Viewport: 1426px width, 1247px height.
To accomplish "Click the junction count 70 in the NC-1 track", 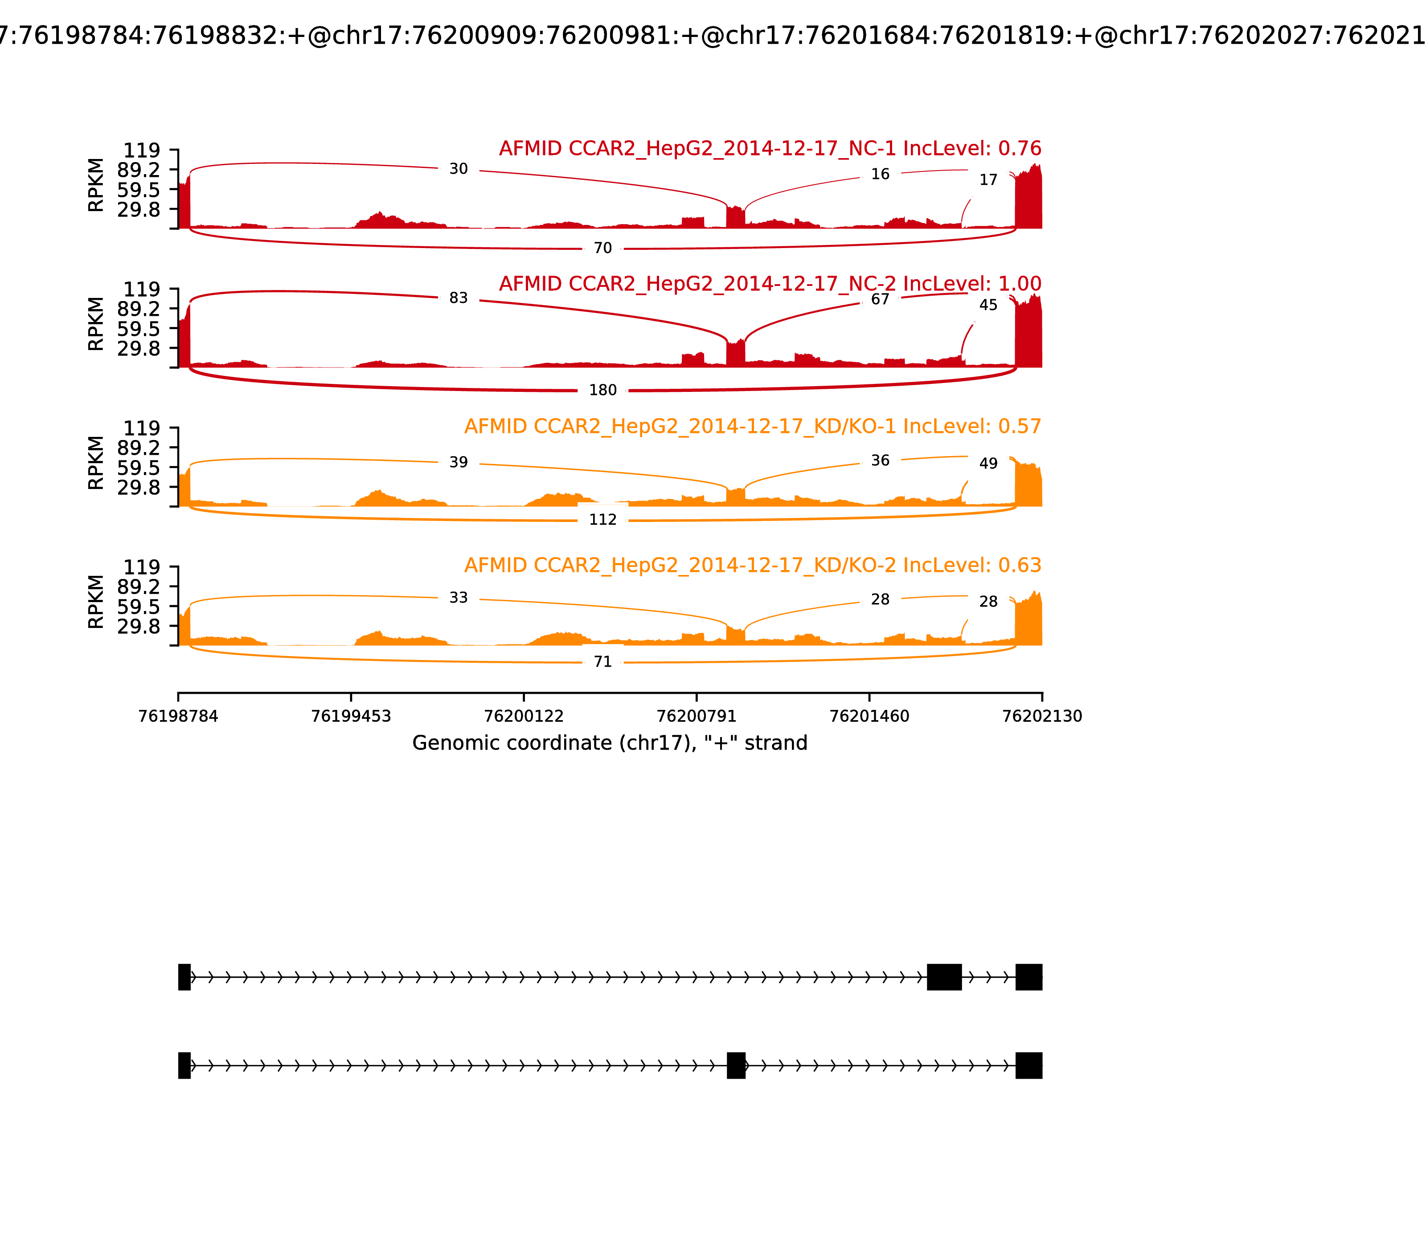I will pyautogui.click(x=602, y=249).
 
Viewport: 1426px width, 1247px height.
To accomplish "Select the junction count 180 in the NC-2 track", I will pyautogui.click(x=602, y=391).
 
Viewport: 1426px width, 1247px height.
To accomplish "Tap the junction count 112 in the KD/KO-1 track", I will pyautogui.click(x=602, y=520).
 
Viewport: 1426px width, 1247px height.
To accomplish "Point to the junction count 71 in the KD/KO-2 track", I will pyautogui.click(x=602, y=662).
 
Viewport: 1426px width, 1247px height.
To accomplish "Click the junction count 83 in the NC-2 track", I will pyautogui.click(x=458, y=298).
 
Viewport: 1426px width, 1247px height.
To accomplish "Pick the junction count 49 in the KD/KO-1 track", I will pyautogui.click(x=988, y=464).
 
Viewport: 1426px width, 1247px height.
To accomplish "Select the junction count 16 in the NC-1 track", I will pyautogui.click(x=880, y=174).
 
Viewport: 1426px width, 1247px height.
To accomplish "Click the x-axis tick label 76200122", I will pyautogui.click(x=524, y=716).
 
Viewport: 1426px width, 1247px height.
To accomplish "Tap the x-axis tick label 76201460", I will pyautogui.click(x=869, y=716).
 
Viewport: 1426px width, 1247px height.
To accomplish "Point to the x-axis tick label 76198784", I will pyautogui.click(x=178, y=716).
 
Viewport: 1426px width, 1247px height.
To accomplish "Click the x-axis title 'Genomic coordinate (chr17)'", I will pyautogui.click(x=609, y=743).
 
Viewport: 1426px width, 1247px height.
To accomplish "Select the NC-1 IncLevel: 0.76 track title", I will pyautogui.click(x=770, y=149).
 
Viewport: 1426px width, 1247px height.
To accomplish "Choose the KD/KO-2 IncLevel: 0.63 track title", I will pyautogui.click(x=752, y=565).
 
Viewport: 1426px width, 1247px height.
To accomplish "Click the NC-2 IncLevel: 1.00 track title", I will pyautogui.click(x=770, y=284).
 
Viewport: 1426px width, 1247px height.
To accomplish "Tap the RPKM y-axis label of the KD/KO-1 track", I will pyautogui.click(x=96, y=463).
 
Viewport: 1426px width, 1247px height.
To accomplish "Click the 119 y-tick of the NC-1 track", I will pyautogui.click(x=141, y=151).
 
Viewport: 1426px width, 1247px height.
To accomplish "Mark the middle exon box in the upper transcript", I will pyautogui.click(x=944, y=977).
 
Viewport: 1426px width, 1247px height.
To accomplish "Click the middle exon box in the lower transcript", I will pyautogui.click(x=736, y=1065).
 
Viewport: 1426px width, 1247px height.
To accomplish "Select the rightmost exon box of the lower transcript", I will pyautogui.click(x=1029, y=1065).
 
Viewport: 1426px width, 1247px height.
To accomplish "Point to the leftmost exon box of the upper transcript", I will pyautogui.click(x=184, y=977).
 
